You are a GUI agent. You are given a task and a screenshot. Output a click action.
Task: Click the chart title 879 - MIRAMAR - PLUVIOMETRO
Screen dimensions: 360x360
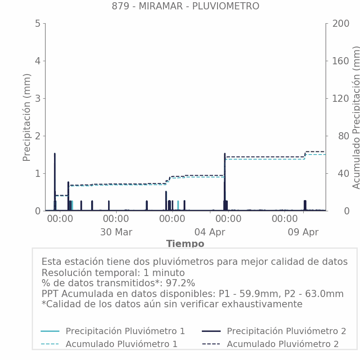point(185,6)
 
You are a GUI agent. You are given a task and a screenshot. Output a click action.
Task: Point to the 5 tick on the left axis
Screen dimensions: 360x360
point(38,24)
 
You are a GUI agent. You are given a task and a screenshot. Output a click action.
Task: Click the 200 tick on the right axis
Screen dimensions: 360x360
point(340,24)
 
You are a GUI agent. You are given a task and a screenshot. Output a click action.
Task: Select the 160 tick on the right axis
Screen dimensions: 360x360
point(340,61)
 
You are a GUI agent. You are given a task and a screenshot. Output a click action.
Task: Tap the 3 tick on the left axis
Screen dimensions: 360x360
point(38,99)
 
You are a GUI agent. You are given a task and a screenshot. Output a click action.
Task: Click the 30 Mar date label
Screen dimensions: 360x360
point(116,232)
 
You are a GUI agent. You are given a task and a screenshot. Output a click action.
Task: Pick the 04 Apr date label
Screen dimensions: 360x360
point(210,232)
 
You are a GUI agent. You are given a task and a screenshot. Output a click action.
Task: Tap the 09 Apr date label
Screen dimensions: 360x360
point(303,232)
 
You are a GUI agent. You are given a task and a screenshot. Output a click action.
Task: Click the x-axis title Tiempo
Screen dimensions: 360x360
point(185,244)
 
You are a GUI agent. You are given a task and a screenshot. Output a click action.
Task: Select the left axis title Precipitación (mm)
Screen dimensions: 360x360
point(27,117)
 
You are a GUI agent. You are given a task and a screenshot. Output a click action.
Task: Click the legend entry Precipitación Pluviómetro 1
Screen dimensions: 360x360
point(125,331)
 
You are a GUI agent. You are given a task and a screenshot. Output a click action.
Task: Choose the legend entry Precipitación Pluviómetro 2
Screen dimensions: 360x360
point(286,331)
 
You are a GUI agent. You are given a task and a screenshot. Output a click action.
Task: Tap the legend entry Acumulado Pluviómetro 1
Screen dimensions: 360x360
point(121,344)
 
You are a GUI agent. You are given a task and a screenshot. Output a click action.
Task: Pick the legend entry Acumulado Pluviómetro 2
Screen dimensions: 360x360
point(283,344)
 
